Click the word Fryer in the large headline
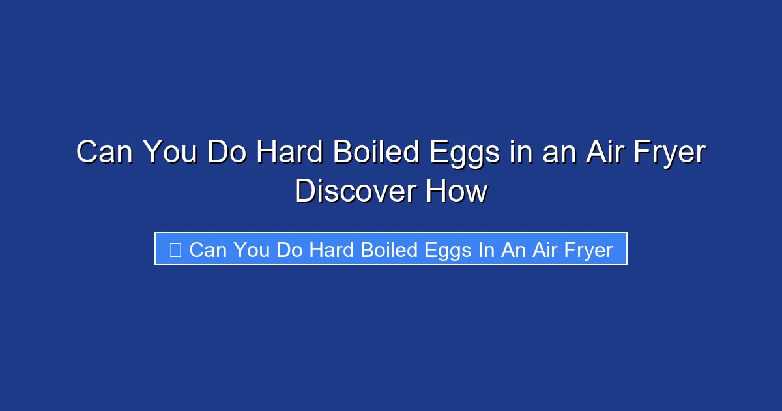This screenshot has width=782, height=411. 671,153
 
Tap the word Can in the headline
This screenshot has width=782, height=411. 104,153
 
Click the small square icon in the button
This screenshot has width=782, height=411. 175,249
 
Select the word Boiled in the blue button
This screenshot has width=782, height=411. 390,249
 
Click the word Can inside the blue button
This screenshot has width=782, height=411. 207,249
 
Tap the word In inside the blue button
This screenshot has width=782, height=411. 486,249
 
